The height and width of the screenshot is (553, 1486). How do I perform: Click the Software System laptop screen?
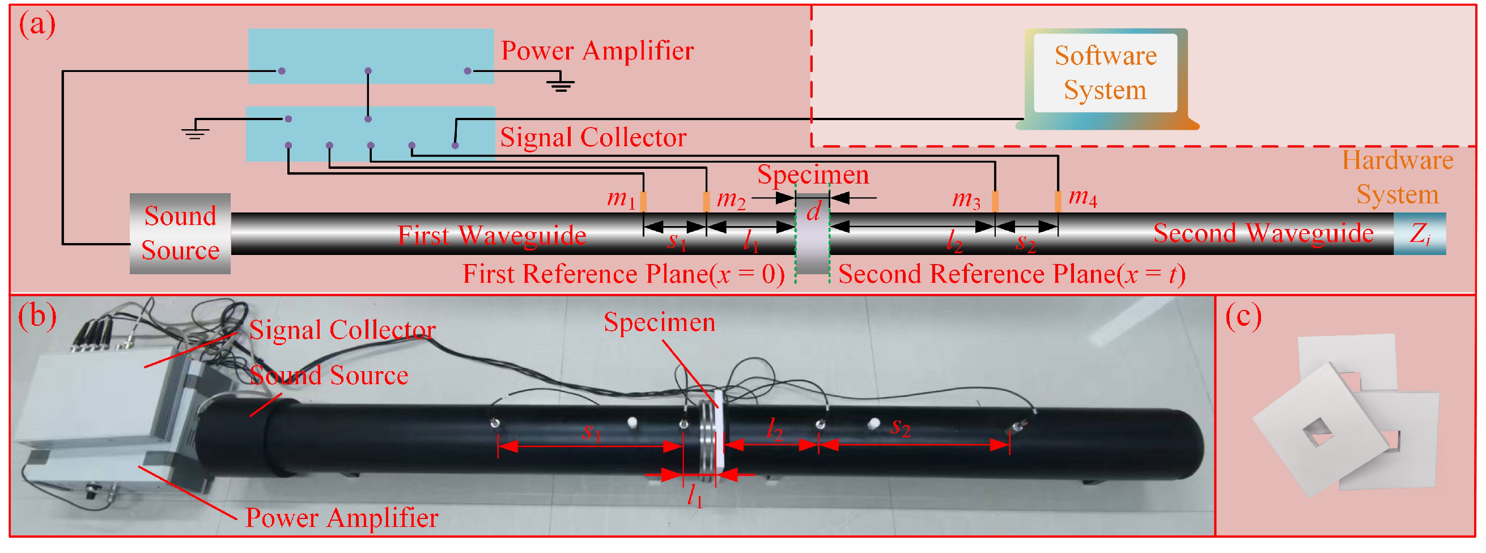(1105, 73)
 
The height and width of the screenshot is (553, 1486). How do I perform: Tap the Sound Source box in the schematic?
(180, 233)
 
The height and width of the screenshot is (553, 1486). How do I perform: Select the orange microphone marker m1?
(643, 201)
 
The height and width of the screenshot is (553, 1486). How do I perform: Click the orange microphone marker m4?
(1058, 201)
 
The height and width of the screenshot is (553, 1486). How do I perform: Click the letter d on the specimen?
(813, 212)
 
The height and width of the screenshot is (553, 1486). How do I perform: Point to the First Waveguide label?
(491, 235)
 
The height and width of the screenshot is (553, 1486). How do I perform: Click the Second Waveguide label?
(1263, 233)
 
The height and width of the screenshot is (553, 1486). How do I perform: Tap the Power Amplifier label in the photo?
(342, 517)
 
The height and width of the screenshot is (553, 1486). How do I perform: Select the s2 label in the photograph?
(900, 427)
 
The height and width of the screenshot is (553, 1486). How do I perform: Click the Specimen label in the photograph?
(659, 322)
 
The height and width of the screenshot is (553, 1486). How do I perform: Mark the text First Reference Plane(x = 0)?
(623, 274)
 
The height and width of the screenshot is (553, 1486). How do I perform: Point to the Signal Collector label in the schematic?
(592, 137)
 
